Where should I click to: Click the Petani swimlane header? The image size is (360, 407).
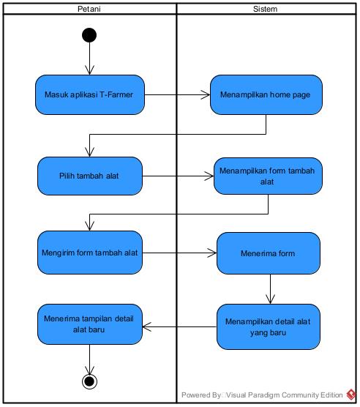[x=89, y=9]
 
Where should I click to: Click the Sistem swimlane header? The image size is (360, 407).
[x=264, y=9]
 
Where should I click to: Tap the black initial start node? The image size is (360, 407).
[x=89, y=35]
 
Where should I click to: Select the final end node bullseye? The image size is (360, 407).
[x=89, y=381]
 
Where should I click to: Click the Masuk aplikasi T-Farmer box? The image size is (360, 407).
[x=89, y=94]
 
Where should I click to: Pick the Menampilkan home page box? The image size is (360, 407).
[x=266, y=94]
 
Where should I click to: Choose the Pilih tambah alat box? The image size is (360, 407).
[x=89, y=176]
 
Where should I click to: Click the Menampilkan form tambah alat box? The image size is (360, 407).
[x=268, y=176]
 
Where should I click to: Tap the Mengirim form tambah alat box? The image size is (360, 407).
[x=89, y=253]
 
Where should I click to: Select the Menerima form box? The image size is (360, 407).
[x=269, y=253]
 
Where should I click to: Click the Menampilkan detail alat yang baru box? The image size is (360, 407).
[x=268, y=326]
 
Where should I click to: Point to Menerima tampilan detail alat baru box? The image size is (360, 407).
[x=89, y=324]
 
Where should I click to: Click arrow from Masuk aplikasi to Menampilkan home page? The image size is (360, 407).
[x=176, y=94]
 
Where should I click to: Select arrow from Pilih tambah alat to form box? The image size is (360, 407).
[x=178, y=176]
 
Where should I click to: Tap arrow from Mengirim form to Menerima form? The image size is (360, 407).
[x=179, y=253]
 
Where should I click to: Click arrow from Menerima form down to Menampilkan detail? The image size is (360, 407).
[x=271, y=289]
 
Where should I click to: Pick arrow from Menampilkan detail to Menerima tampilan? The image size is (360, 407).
[x=179, y=326]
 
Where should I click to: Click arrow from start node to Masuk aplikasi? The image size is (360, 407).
[x=89, y=59]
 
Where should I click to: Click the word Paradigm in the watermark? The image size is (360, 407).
[x=269, y=395]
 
